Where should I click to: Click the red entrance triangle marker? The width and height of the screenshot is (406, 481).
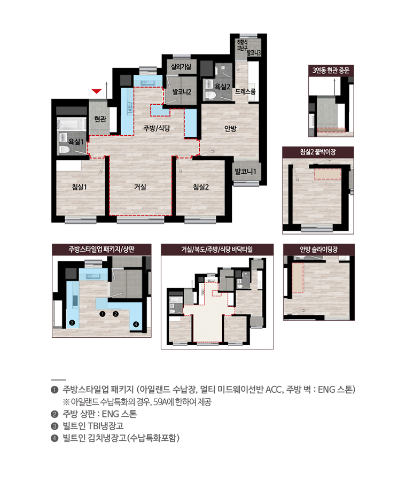97,91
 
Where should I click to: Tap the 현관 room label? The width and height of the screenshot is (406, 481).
100,119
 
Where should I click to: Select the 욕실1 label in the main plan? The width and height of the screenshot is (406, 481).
76,142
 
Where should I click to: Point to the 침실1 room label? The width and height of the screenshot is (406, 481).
80,187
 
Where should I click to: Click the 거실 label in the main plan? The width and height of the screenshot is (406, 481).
140,187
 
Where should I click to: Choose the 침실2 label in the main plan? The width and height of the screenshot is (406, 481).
201,187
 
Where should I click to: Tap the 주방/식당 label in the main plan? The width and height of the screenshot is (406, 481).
157,128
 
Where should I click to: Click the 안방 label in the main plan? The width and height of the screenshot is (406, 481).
230,128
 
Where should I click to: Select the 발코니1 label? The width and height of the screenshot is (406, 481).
245,172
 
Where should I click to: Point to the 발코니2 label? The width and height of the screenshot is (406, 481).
182,92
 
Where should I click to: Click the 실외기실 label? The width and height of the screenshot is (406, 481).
181,67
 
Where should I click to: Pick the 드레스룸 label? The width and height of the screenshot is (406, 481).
245,91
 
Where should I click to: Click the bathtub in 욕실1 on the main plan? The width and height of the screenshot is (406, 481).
72,124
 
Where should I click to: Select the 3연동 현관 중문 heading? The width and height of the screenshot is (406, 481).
331,71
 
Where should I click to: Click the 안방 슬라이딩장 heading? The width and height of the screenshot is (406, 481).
318,250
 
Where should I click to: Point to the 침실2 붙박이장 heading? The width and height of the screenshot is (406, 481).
318,152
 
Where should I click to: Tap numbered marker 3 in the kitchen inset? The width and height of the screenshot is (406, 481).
72,323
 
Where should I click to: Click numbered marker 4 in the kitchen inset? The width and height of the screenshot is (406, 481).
136,324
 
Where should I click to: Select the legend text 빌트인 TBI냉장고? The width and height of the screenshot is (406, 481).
93,426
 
